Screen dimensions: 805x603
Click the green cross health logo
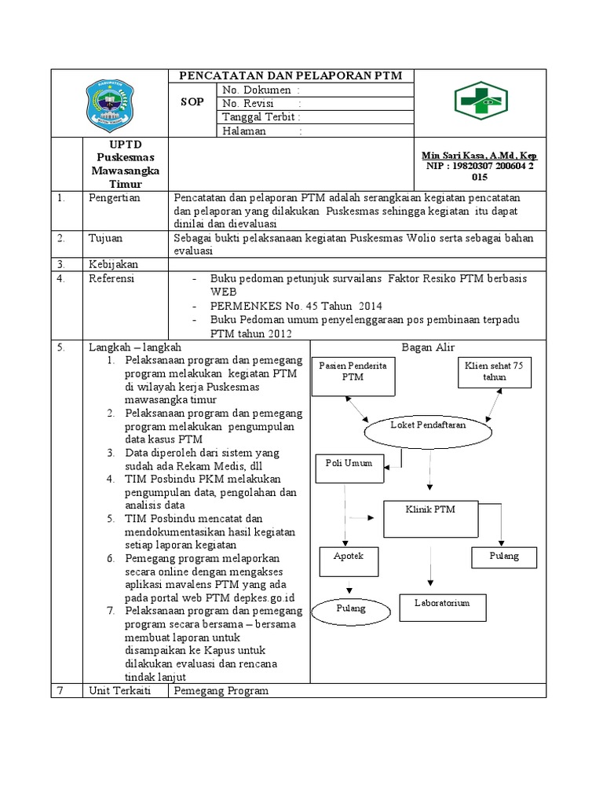[x=481, y=101]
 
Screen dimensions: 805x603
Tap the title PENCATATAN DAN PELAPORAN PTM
[x=291, y=75]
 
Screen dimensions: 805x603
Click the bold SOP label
[x=192, y=103]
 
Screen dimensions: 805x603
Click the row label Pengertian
[x=114, y=198]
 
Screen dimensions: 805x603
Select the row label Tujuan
[x=105, y=237]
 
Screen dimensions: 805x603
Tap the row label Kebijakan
[x=111, y=264]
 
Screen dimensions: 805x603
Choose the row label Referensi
[x=111, y=278]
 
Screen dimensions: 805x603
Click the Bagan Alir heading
[x=428, y=347]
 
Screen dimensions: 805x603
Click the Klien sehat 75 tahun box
[x=495, y=371]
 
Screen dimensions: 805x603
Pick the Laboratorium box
[x=442, y=607]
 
